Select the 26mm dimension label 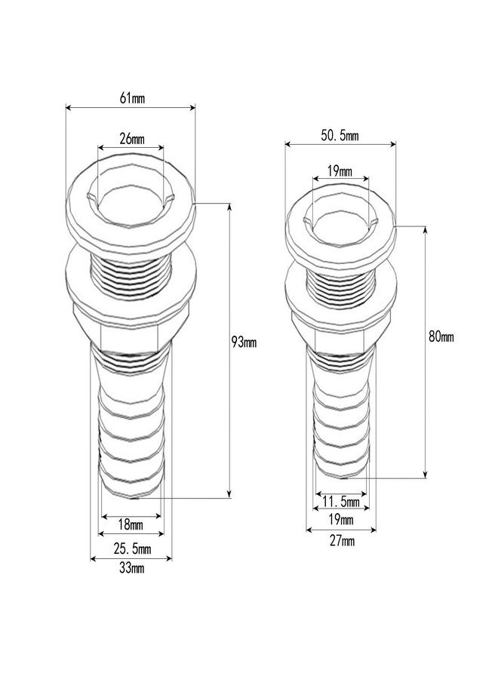pos(131,140)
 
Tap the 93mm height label pos(244,343)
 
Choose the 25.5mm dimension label pos(131,548)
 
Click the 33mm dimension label pos(131,569)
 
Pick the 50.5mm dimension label pos(340,136)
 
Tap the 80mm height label pos(441,337)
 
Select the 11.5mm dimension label pos(341,502)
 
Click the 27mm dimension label pos(341,540)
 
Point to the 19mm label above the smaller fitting pos(340,171)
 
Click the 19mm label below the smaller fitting pos(341,521)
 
